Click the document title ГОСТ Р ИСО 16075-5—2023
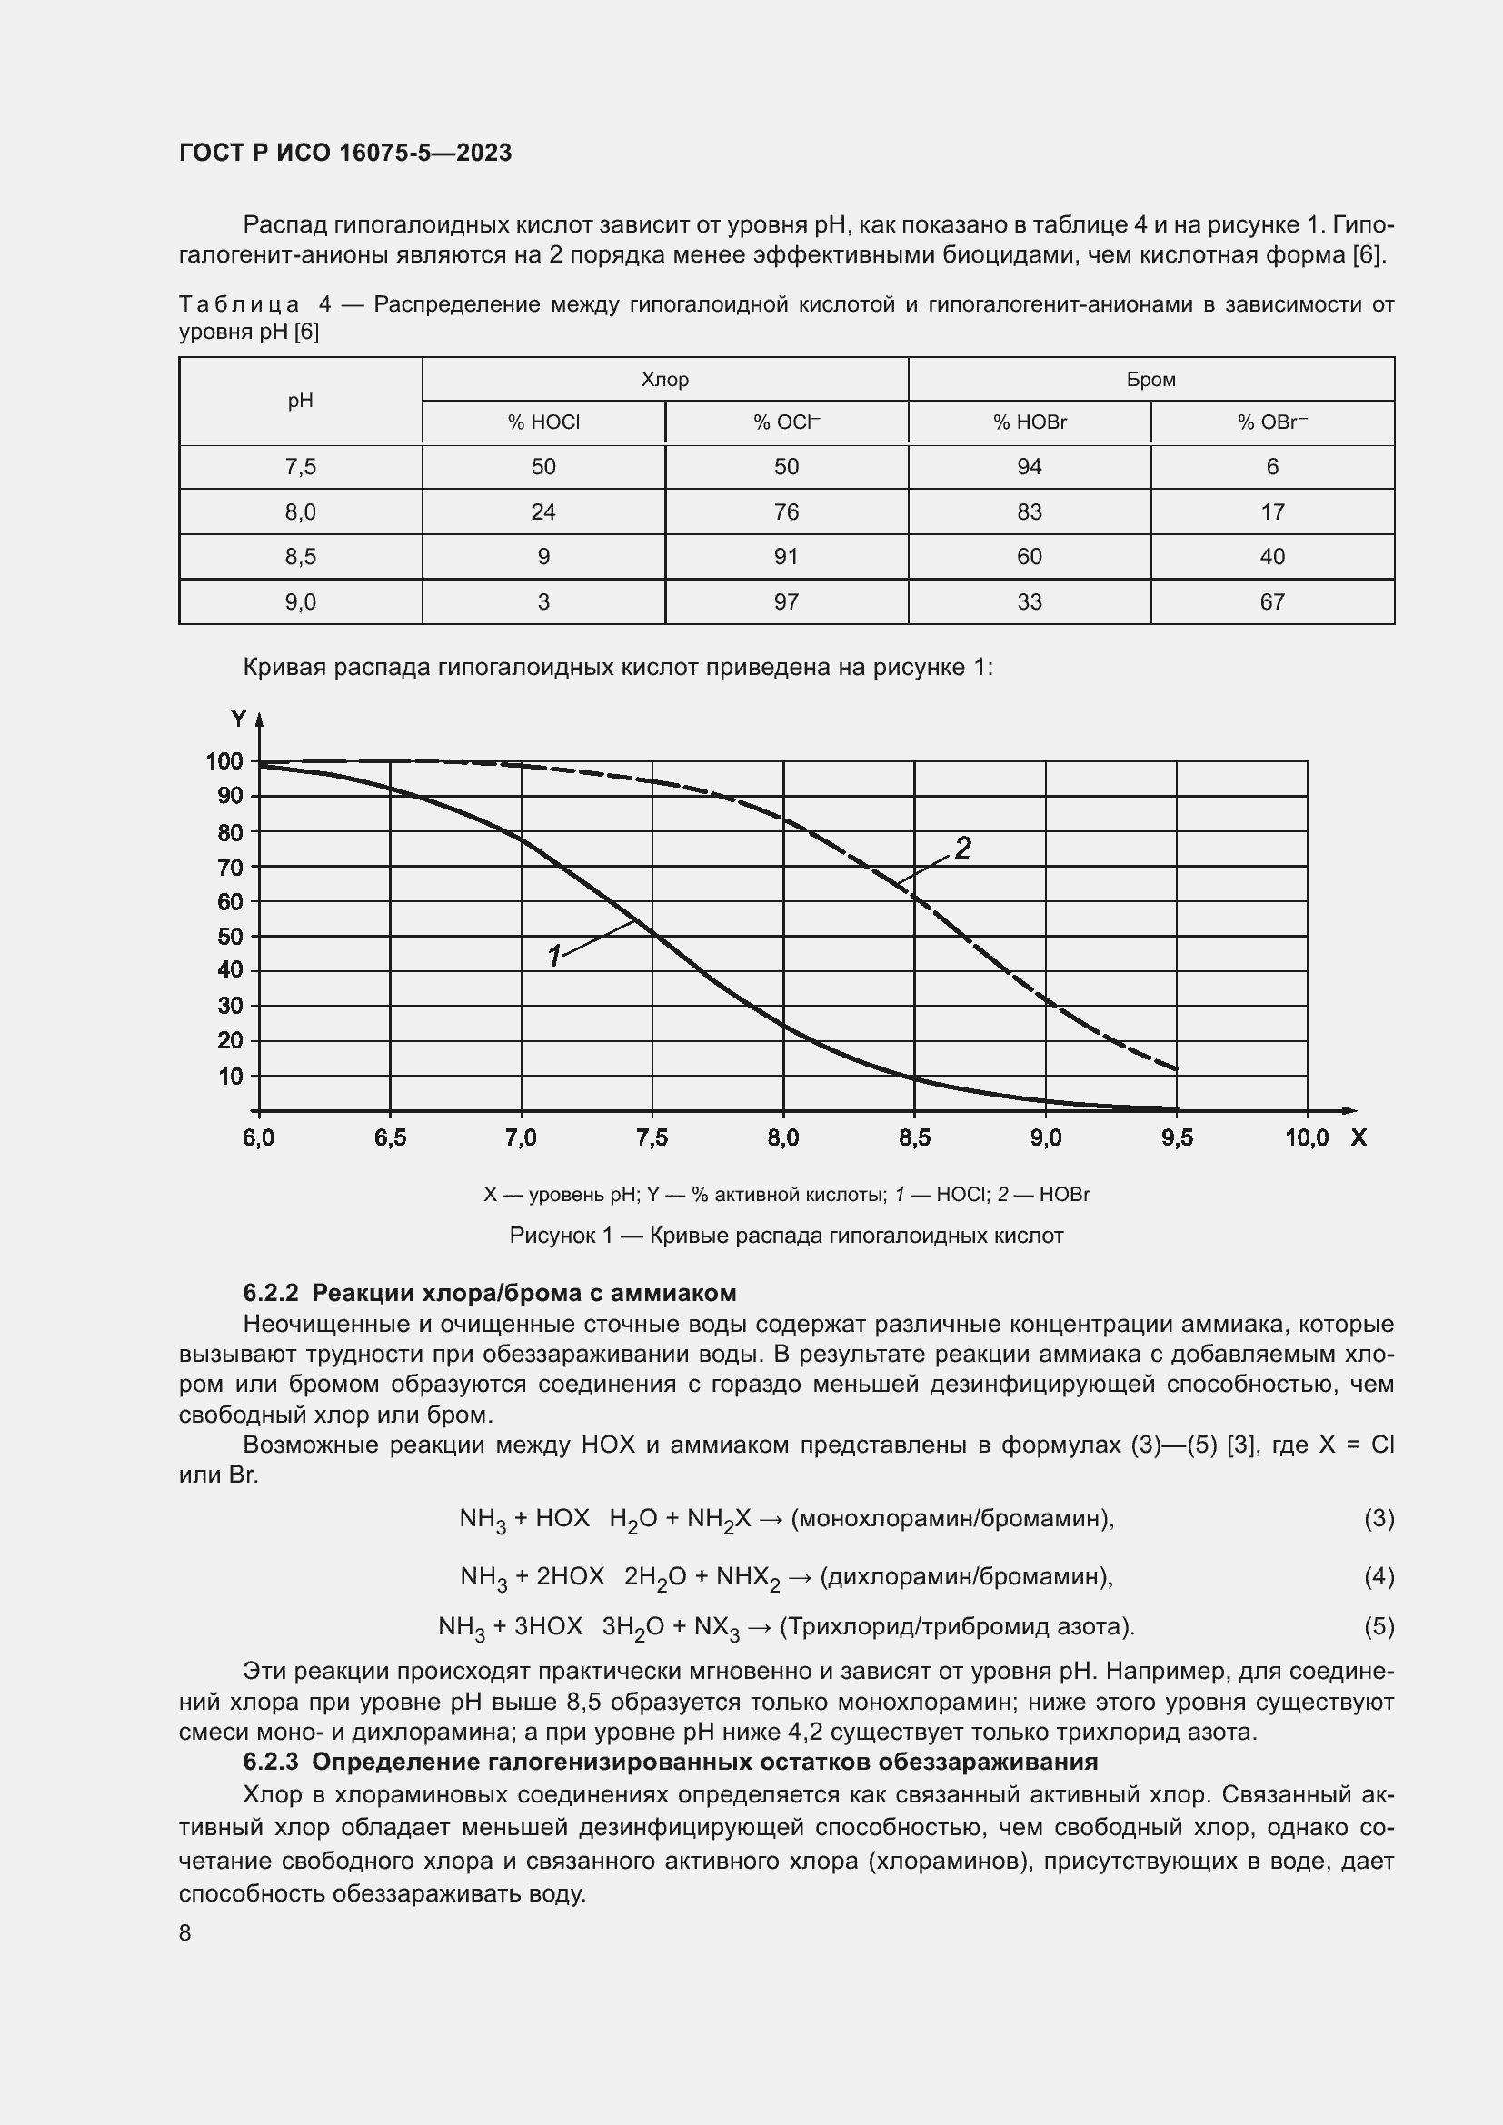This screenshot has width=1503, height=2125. (x=345, y=153)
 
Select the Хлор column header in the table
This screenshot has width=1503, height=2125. (x=664, y=380)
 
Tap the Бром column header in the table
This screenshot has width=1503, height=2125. (x=1150, y=380)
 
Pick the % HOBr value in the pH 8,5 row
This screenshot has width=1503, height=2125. (x=1030, y=557)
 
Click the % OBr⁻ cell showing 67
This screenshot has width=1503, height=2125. (x=1271, y=602)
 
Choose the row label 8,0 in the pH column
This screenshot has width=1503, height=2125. (x=300, y=511)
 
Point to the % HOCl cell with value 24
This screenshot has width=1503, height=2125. (x=543, y=511)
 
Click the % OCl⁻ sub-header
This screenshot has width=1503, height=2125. (x=786, y=423)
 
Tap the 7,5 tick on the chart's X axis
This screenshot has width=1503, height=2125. (x=652, y=1138)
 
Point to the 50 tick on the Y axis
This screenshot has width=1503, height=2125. (x=230, y=936)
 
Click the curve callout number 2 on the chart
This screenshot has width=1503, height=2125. (x=962, y=848)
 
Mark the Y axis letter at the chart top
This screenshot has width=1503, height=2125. (x=239, y=720)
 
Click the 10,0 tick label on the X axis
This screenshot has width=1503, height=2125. (x=1306, y=1138)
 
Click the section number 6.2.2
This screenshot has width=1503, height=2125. (x=270, y=1293)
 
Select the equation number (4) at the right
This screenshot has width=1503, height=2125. (x=1379, y=1576)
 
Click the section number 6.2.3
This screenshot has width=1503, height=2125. (x=270, y=1762)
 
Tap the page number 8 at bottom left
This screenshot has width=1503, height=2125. (x=185, y=1933)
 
